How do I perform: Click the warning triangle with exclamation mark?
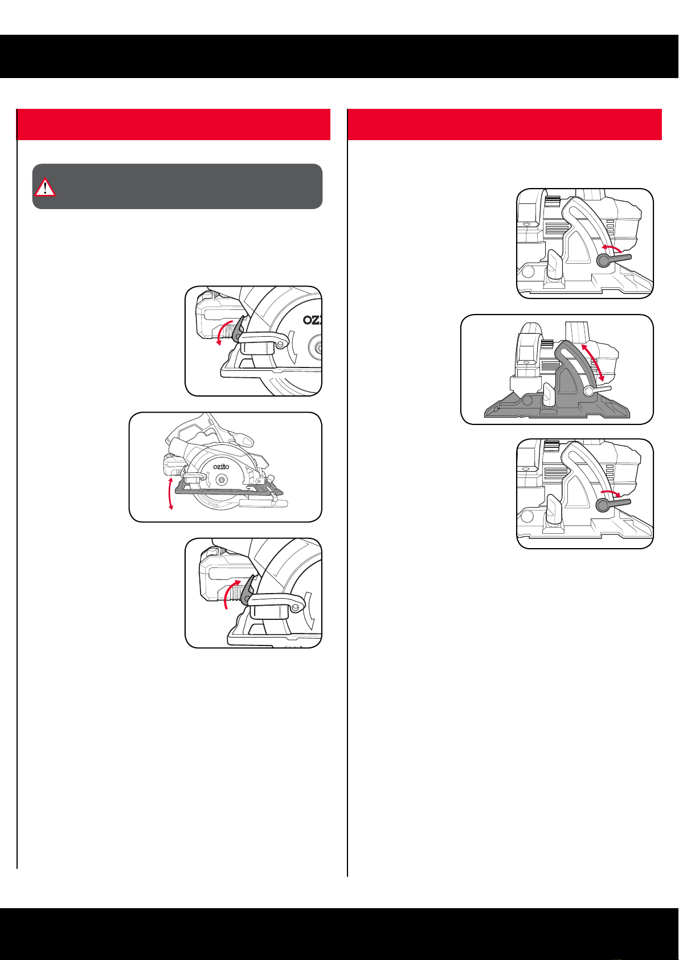[x=44, y=187]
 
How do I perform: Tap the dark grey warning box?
[x=177, y=186]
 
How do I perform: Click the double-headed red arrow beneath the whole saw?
[x=171, y=493]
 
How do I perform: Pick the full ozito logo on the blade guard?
[x=221, y=466]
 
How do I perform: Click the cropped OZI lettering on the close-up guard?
[x=312, y=320]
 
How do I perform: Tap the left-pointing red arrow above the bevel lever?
[x=611, y=248]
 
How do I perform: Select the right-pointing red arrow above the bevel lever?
[x=611, y=493]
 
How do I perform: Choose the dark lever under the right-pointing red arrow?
[x=612, y=504]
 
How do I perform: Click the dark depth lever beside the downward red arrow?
[x=238, y=330]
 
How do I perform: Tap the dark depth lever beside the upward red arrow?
[x=248, y=591]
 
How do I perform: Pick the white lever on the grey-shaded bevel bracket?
[x=598, y=390]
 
